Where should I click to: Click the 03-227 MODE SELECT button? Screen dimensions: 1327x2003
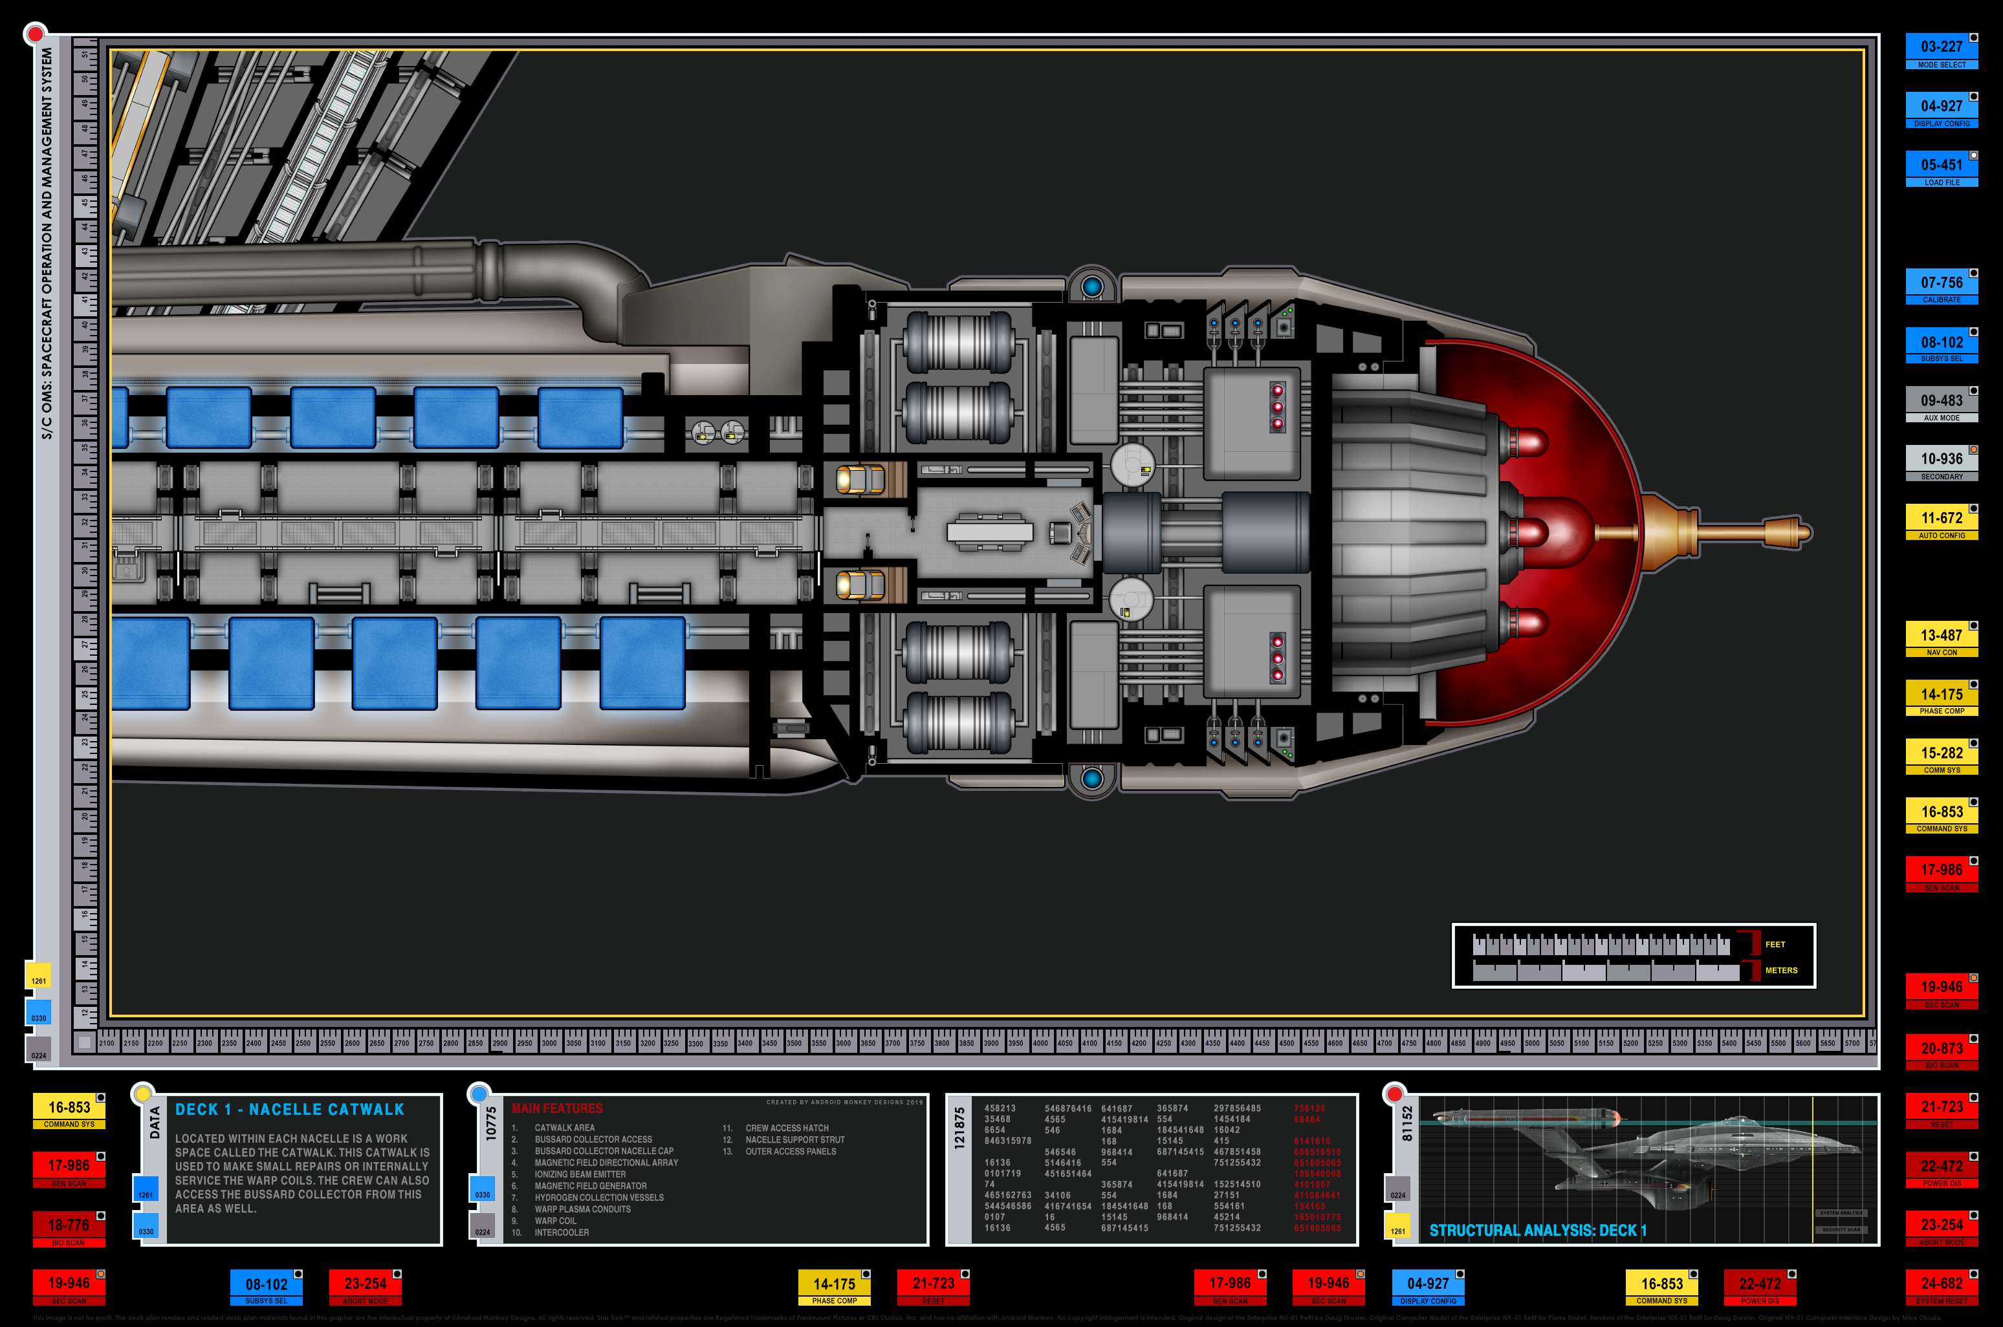(x=1941, y=51)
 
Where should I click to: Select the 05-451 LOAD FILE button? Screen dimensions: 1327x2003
(x=1941, y=168)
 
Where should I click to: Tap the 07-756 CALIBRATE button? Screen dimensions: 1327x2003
(x=1941, y=286)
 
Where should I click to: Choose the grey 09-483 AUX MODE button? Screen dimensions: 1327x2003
(x=1941, y=404)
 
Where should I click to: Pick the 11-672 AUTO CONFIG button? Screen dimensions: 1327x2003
(x=1941, y=521)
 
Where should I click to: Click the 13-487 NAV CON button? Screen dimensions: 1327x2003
(x=1941, y=639)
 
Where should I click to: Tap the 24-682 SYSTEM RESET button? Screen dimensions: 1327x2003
(x=1941, y=1287)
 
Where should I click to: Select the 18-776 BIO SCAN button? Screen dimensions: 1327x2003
(x=69, y=1229)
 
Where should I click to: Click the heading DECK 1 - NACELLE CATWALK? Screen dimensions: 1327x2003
(x=290, y=1110)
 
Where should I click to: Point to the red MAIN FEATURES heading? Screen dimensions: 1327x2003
(x=557, y=1108)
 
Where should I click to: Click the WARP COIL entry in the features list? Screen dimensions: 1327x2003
(x=555, y=1221)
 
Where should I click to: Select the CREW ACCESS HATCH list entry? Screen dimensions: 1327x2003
(x=787, y=1128)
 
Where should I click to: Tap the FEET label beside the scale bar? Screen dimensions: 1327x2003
(x=1775, y=944)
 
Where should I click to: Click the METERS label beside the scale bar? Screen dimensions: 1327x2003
(x=1781, y=971)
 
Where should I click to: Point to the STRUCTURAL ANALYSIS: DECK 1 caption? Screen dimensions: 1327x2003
(x=1537, y=1231)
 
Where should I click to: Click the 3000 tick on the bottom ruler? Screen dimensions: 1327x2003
(x=549, y=1044)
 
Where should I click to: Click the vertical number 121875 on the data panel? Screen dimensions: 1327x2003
(x=959, y=1128)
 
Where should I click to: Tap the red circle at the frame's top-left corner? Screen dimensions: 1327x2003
(x=35, y=34)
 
